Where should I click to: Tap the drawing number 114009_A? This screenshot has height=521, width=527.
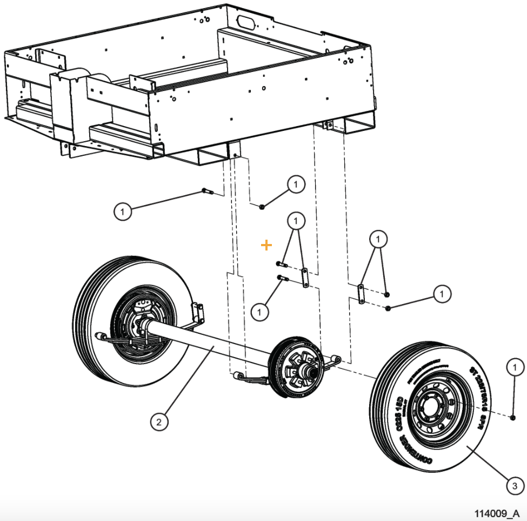497,513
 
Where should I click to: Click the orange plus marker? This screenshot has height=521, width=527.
266,246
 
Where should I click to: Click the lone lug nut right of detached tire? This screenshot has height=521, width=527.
512,417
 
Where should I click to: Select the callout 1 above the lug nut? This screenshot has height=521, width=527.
515,367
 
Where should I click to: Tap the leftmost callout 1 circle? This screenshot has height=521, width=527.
123,210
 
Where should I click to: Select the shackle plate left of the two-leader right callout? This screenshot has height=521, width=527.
361,293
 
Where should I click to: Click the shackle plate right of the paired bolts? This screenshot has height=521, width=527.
305,277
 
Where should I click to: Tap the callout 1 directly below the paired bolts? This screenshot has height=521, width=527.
260,311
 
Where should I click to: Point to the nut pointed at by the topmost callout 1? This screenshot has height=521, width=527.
262,207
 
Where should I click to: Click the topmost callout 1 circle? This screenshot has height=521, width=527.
296,184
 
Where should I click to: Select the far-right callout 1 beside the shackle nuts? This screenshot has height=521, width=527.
442,294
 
